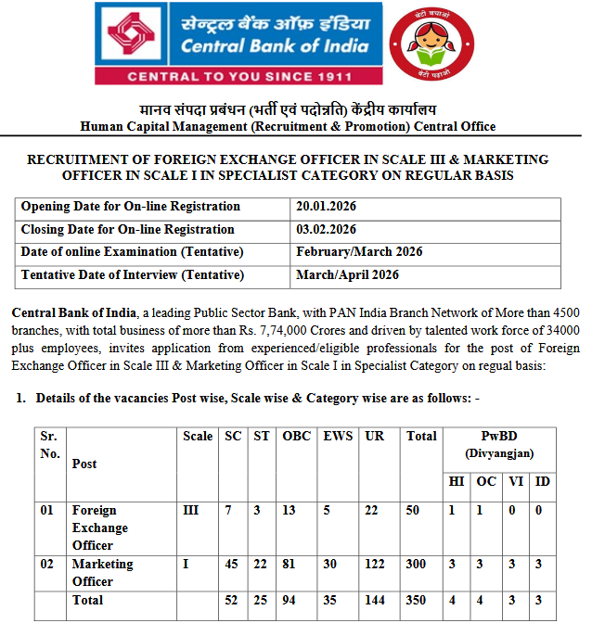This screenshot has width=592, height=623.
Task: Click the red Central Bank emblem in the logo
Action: point(136,33)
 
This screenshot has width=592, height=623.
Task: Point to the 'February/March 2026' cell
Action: point(354,252)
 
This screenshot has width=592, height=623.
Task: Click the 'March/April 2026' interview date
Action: point(347,274)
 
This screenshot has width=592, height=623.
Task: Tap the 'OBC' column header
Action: point(296,437)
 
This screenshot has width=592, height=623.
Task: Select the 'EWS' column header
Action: point(337,437)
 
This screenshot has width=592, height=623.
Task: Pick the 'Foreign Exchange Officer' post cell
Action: point(100,528)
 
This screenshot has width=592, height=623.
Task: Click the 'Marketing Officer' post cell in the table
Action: point(103,572)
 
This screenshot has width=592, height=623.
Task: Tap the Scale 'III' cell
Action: point(191,511)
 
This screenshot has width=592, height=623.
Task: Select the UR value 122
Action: point(377,564)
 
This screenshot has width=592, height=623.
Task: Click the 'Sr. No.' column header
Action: point(49,445)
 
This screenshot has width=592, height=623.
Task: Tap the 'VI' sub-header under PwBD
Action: point(515,481)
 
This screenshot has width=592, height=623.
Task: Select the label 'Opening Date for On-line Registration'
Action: point(131,207)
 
